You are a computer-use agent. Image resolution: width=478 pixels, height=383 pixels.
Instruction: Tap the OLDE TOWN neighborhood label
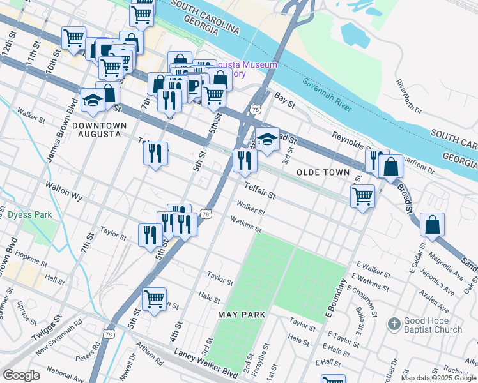click(x=323, y=172)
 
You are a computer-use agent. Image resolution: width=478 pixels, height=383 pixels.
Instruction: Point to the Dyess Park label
click(x=30, y=215)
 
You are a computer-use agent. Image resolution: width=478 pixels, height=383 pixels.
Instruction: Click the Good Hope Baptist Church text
click(x=432, y=325)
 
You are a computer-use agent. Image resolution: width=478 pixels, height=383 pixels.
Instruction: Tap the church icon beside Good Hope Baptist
click(x=394, y=324)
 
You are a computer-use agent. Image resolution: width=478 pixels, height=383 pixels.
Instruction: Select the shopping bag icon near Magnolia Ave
click(x=433, y=225)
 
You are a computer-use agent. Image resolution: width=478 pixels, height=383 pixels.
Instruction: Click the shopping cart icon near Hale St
click(x=154, y=299)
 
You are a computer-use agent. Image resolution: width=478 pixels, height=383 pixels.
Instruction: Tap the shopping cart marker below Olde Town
click(x=362, y=195)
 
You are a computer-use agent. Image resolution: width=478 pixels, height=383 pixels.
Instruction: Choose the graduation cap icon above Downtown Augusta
click(x=93, y=101)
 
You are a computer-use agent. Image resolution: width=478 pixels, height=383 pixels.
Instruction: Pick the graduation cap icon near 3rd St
click(x=267, y=139)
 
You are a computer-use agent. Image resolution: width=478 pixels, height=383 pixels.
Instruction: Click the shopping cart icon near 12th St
click(x=74, y=38)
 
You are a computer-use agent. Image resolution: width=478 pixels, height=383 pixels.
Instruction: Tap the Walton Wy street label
click(x=63, y=191)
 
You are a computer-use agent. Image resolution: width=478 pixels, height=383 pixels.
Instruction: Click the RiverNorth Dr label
click(x=409, y=96)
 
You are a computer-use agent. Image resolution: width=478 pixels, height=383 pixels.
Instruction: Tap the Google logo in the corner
click(x=22, y=375)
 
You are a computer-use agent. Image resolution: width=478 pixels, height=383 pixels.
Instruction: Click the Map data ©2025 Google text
click(x=438, y=378)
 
